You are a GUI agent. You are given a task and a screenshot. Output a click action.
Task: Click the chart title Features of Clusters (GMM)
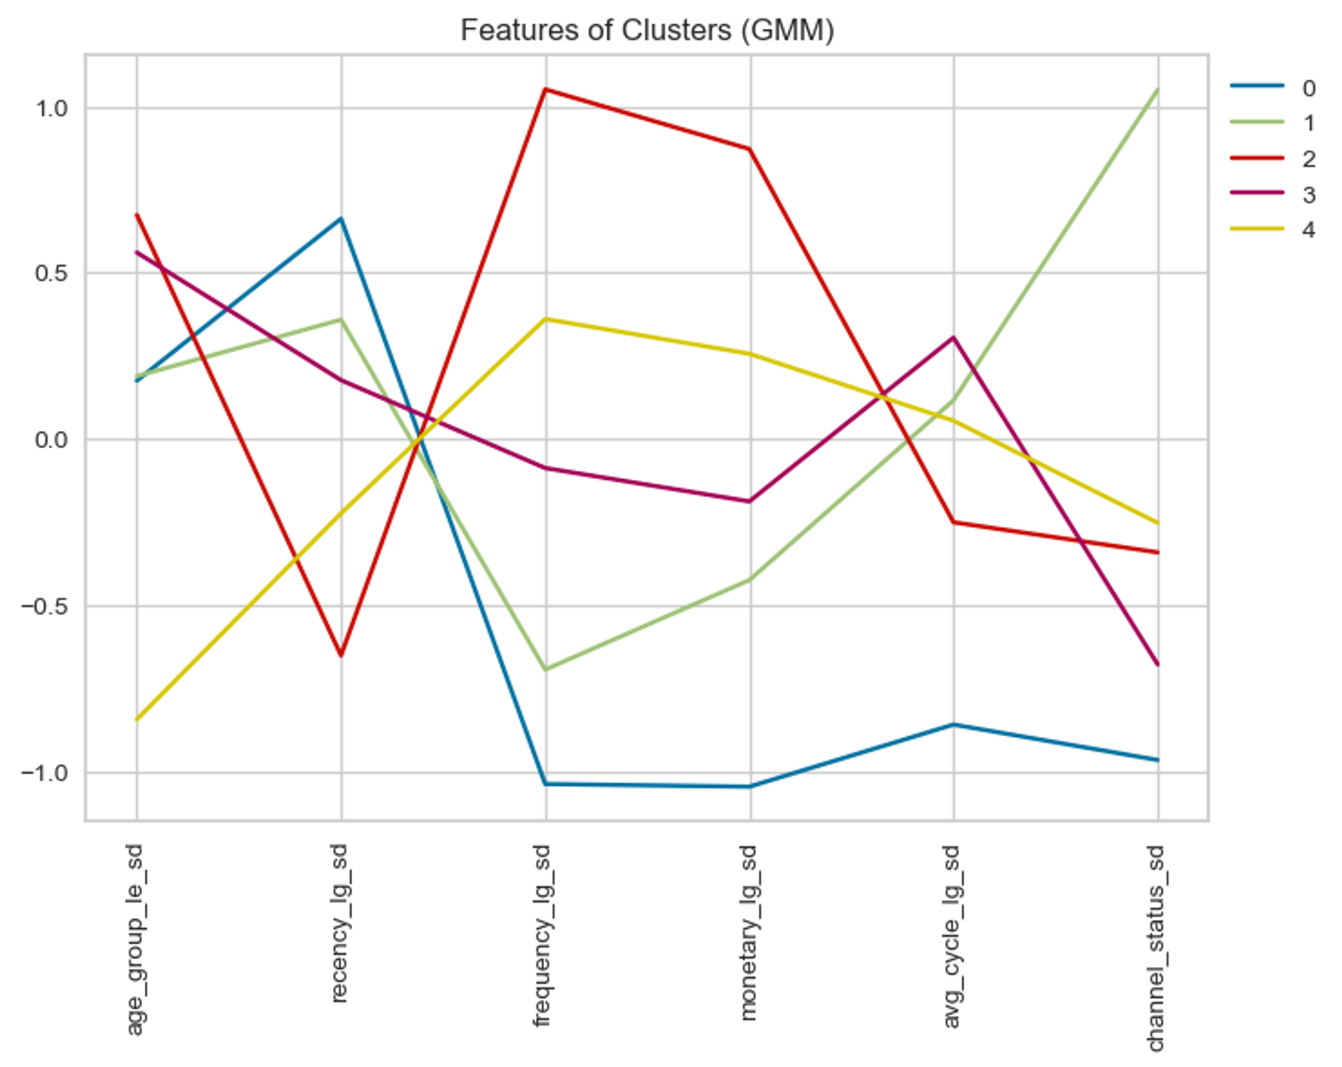(647, 31)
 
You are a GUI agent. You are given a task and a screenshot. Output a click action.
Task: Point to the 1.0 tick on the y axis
(52, 107)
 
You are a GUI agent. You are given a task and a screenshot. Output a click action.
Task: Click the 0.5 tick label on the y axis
(52, 274)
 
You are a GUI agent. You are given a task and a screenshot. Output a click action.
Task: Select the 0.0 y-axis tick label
(52, 440)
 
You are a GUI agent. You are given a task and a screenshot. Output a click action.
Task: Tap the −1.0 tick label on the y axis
(45, 773)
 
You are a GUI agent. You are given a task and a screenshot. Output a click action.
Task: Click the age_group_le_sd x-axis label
(136, 939)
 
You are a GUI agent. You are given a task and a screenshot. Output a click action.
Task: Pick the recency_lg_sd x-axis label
(340, 923)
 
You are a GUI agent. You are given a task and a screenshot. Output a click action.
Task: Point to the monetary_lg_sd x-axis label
(749, 932)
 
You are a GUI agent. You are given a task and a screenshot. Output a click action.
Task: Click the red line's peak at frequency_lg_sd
(546, 89)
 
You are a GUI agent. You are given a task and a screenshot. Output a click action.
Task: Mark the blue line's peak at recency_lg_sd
(341, 218)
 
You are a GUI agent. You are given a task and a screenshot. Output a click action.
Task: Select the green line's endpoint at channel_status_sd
(1157, 89)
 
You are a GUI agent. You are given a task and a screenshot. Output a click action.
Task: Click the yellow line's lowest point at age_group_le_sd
(137, 719)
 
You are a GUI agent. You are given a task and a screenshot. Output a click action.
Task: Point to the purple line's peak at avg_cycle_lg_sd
(953, 337)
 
